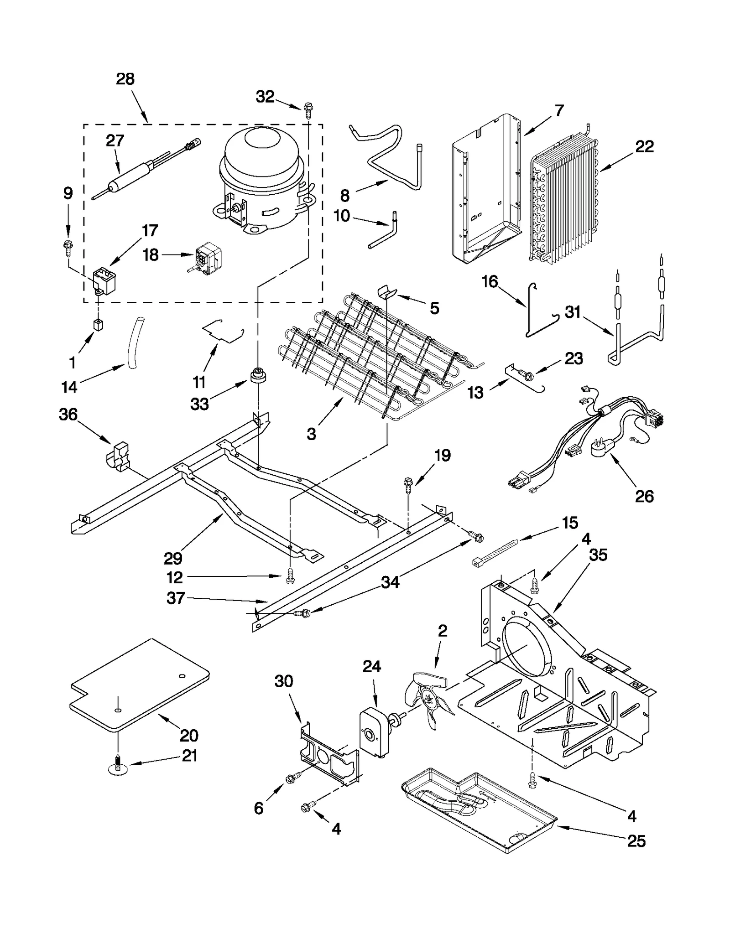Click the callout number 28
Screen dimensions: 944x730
[125, 79]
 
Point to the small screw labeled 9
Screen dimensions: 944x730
[68, 246]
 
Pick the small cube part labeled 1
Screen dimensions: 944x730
[98, 324]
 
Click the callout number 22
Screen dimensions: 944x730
[644, 146]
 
